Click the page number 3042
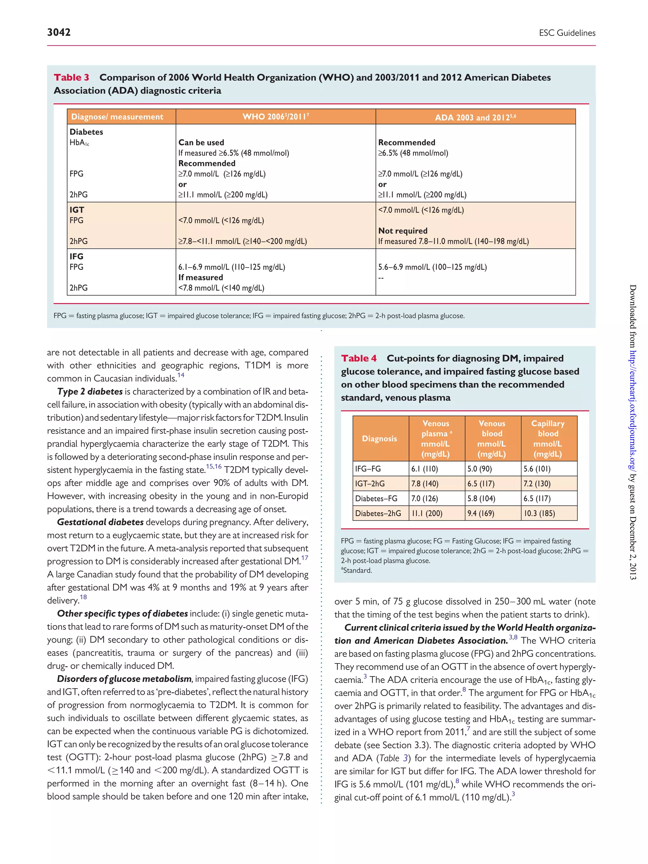click(x=59, y=32)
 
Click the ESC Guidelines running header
click(x=567, y=33)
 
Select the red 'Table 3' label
click(x=72, y=77)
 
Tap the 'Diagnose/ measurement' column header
click(x=117, y=117)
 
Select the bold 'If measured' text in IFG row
click(x=200, y=277)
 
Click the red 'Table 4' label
click(x=358, y=358)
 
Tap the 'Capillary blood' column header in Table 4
click(x=548, y=438)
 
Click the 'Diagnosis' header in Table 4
click(x=379, y=438)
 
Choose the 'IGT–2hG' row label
click(x=370, y=483)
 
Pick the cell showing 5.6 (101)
click(x=537, y=469)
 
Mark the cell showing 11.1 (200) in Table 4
click(x=427, y=513)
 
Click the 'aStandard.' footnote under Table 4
click(x=356, y=570)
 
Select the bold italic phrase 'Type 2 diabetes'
click(x=90, y=392)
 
